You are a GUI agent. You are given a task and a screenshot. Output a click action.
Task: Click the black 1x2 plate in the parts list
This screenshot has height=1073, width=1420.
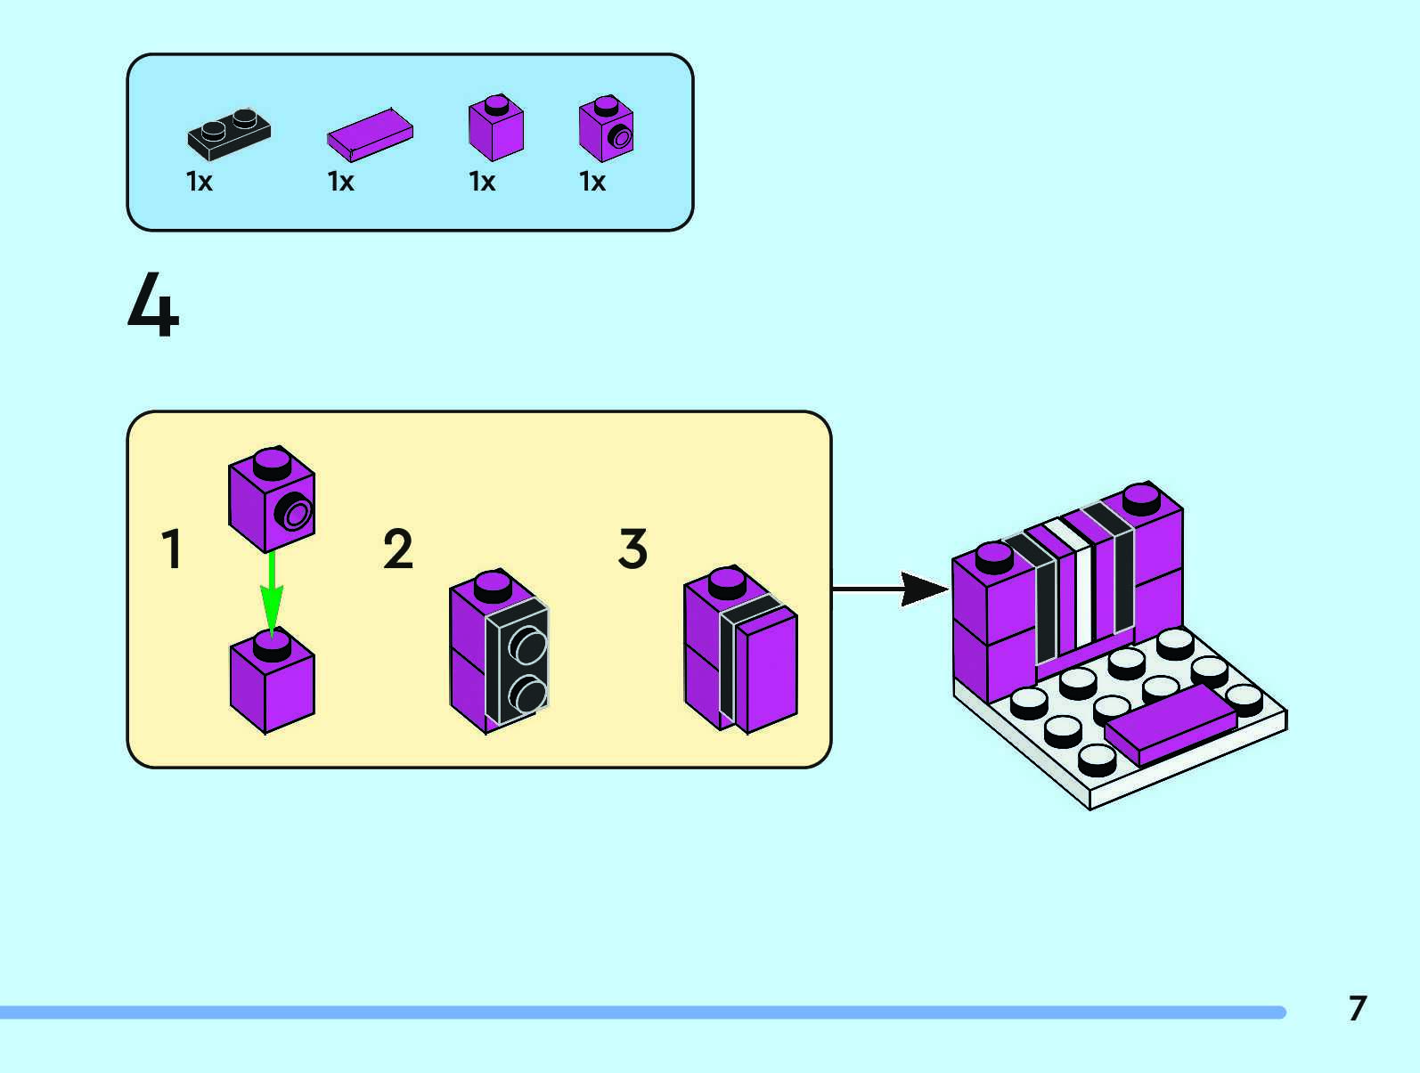point(229,134)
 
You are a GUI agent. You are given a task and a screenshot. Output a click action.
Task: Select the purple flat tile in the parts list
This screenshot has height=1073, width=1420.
point(370,134)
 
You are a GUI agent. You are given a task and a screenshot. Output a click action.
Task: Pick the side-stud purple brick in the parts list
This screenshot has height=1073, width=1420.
point(606,130)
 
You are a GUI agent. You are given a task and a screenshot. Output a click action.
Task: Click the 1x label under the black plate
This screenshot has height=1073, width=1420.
point(199,182)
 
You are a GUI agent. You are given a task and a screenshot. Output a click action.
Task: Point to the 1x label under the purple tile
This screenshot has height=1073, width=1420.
point(340,182)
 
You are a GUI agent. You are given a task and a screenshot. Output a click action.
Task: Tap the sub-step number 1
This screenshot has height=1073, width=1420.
point(173,549)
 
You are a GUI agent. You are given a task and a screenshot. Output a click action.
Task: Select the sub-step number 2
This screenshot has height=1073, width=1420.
point(398,549)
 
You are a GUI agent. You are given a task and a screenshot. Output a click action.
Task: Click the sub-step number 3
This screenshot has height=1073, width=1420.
point(632,549)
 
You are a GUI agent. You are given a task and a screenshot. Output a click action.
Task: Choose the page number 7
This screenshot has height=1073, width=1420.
point(1357,1008)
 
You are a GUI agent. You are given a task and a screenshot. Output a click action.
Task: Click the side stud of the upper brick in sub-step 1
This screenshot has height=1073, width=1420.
point(296,514)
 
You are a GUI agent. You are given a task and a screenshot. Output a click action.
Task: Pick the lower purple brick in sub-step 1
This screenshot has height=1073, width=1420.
point(273,686)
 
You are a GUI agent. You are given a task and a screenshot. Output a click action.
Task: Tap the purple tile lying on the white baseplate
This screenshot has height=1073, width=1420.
point(1171,725)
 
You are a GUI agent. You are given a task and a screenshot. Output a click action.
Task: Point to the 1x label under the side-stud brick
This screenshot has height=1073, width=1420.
point(592,182)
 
